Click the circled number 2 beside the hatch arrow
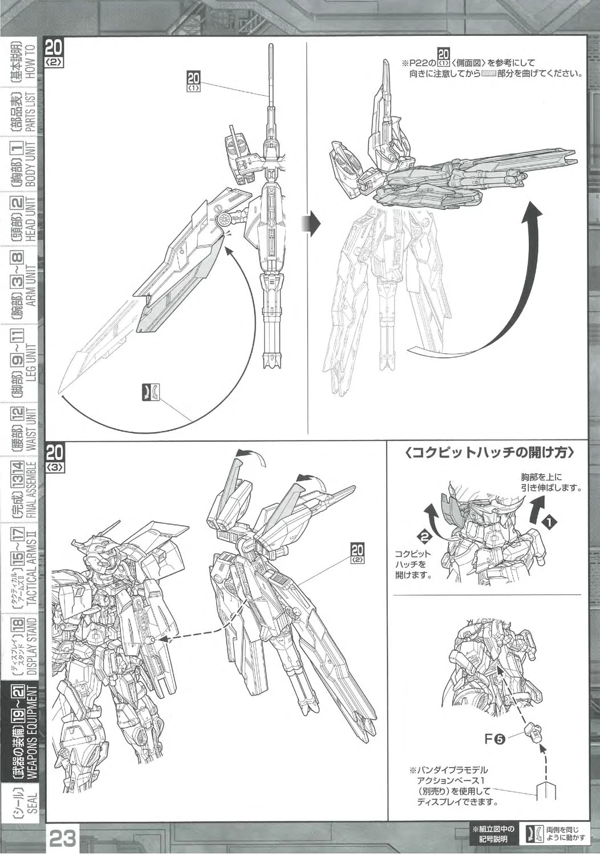pos(424,536)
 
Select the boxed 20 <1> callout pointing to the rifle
pos(194,82)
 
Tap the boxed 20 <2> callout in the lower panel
pos(358,554)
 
